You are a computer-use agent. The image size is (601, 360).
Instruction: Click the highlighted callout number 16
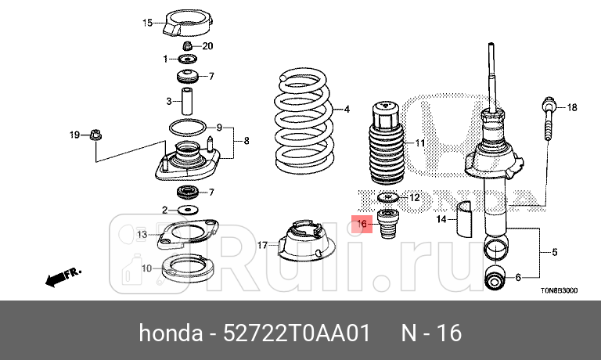click(362, 224)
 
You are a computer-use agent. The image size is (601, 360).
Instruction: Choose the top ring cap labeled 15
click(188, 23)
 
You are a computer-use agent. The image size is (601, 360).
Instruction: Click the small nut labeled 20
click(188, 46)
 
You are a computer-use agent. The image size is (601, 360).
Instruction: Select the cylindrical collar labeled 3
click(188, 101)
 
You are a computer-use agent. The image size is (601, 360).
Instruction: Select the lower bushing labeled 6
click(496, 276)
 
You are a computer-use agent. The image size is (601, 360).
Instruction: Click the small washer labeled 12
click(387, 197)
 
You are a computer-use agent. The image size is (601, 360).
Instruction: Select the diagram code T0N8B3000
click(558, 290)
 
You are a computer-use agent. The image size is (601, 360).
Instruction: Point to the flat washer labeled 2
click(188, 210)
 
